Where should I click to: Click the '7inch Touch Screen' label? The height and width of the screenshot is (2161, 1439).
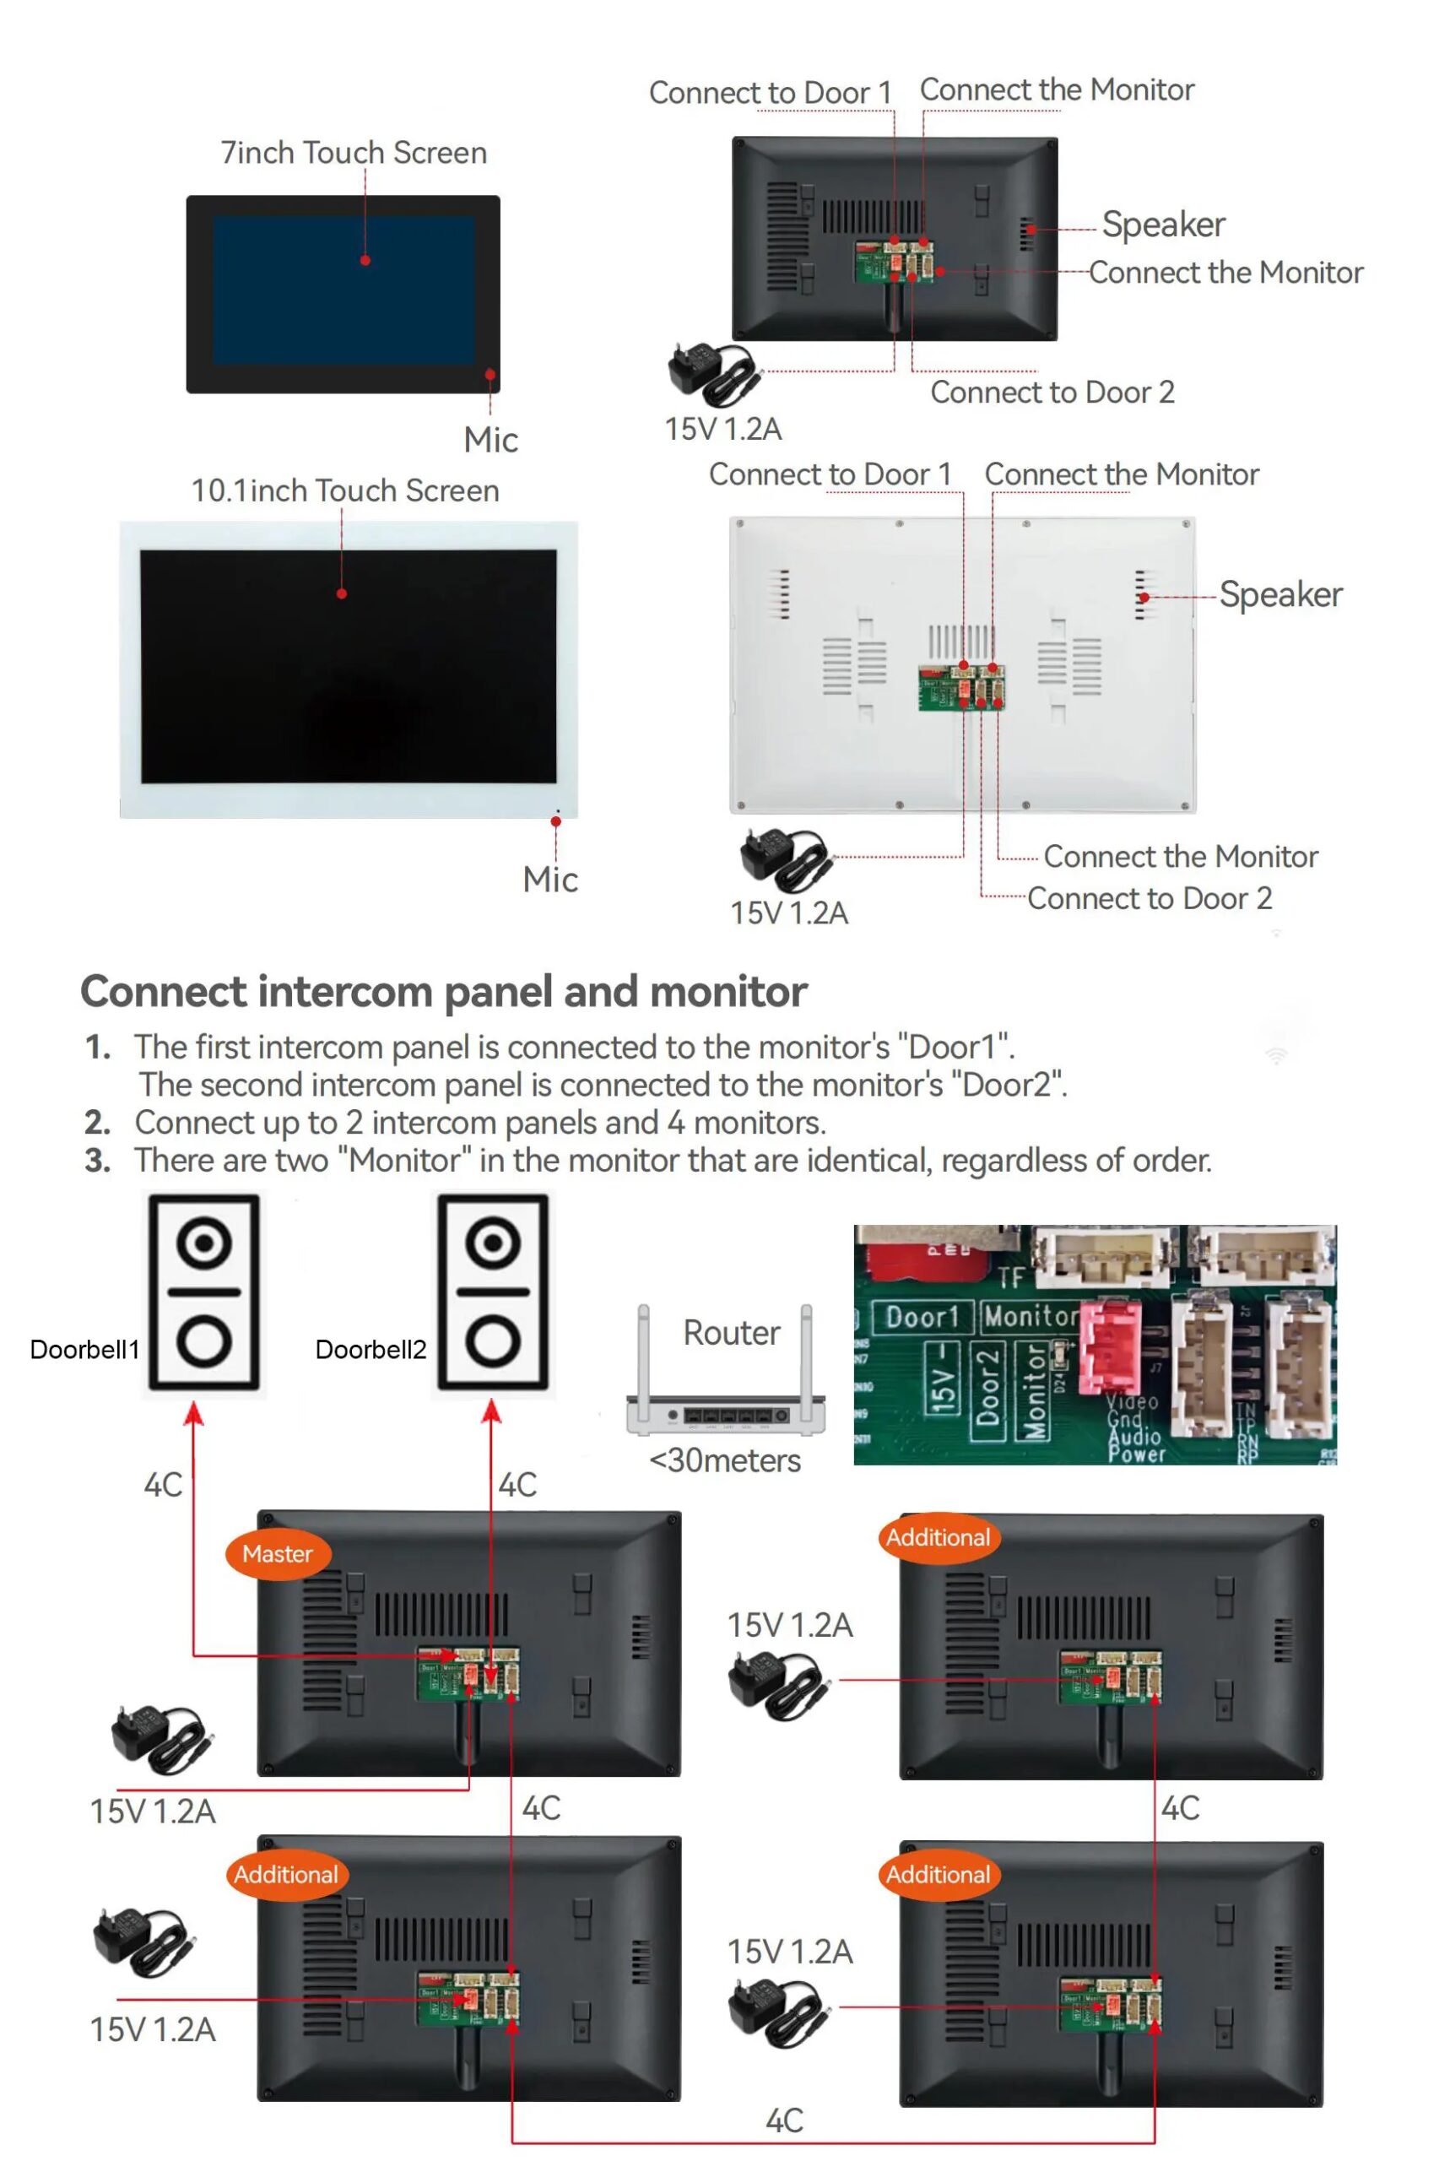pyautogui.click(x=354, y=152)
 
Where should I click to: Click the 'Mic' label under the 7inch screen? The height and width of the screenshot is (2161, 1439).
pyautogui.click(x=491, y=440)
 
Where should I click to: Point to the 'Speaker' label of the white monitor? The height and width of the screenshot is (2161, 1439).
pyautogui.click(x=1280, y=594)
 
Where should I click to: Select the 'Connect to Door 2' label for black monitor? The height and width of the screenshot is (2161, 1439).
pyautogui.click(x=1052, y=392)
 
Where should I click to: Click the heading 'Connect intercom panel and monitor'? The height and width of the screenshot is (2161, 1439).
pyautogui.click(x=443, y=991)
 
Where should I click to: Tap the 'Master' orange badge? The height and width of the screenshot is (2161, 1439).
pyautogui.click(x=277, y=1553)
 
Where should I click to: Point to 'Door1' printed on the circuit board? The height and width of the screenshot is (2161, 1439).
pyautogui.click(x=921, y=1317)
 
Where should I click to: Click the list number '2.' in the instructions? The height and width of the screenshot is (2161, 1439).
pyautogui.click(x=97, y=1122)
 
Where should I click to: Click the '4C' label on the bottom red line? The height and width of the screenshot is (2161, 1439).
pyautogui.click(x=784, y=2120)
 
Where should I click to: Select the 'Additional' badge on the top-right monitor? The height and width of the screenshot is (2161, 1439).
pyautogui.click(x=938, y=1537)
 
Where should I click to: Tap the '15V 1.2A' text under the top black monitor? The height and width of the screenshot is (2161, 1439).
pyautogui.click(x=723, y=429)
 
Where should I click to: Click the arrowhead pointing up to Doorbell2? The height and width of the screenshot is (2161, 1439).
pyautogui.click(x=492, y=1412)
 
